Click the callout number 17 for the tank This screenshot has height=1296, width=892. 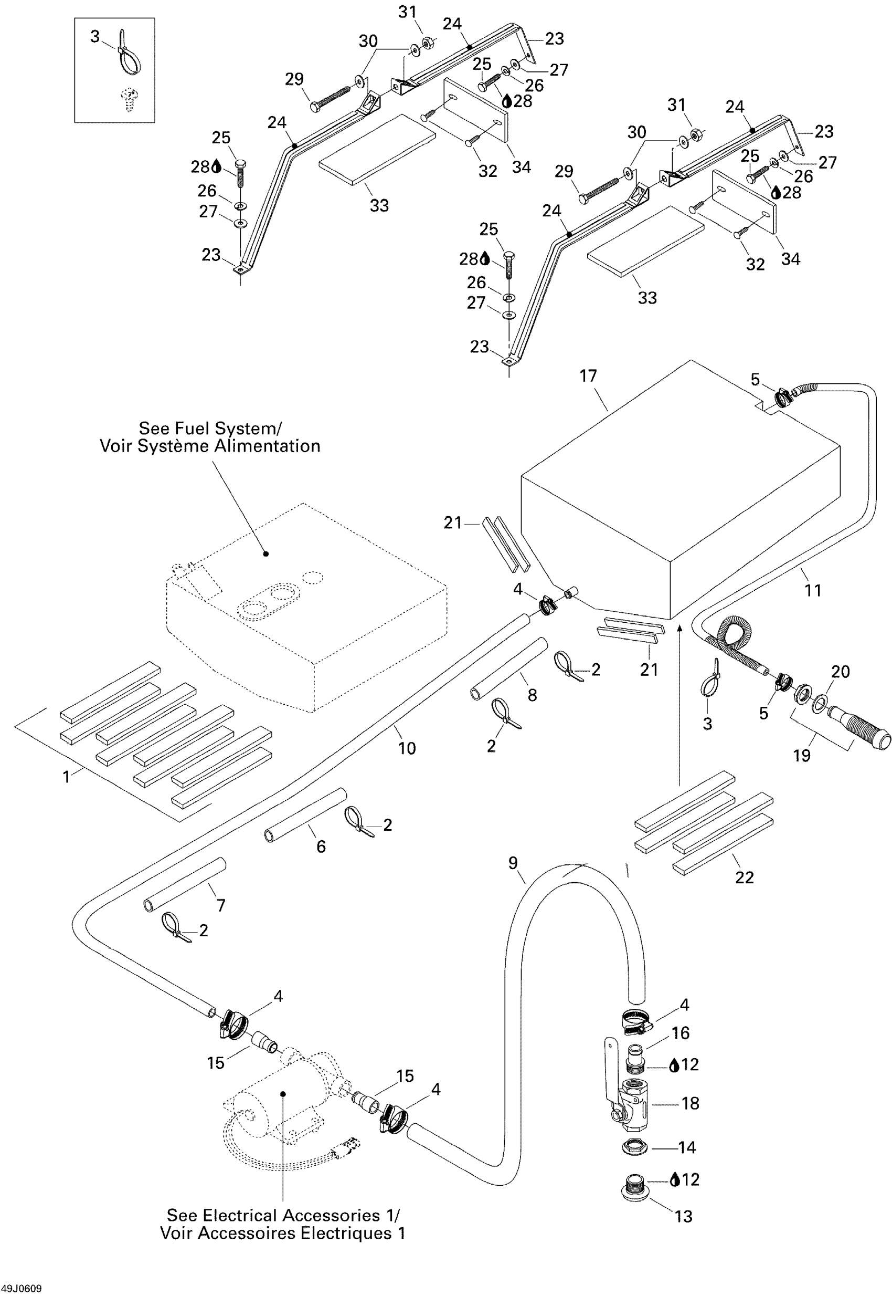[x=588, y=376]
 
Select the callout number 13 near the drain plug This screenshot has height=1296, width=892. [x=684, y=1232]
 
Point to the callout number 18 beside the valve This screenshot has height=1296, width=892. [x=690, y=1103]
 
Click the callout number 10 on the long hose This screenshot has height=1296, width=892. [x=407, y=748]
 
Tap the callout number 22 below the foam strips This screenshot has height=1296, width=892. [x=745, y=877]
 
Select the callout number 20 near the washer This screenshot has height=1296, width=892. [x=841, y=671]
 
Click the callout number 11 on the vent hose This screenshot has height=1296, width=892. [x=813, y=590]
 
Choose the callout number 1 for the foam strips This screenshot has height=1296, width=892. [x=67, y=777]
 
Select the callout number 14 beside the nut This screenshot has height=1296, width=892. [x=687, y=1147]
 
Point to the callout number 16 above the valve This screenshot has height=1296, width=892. [x=680, y=1032]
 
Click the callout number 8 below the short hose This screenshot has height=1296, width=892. [x=533, y=695]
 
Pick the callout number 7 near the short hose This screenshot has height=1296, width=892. [x=221, y=905]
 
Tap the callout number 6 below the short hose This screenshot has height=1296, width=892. [x=321, y=846]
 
